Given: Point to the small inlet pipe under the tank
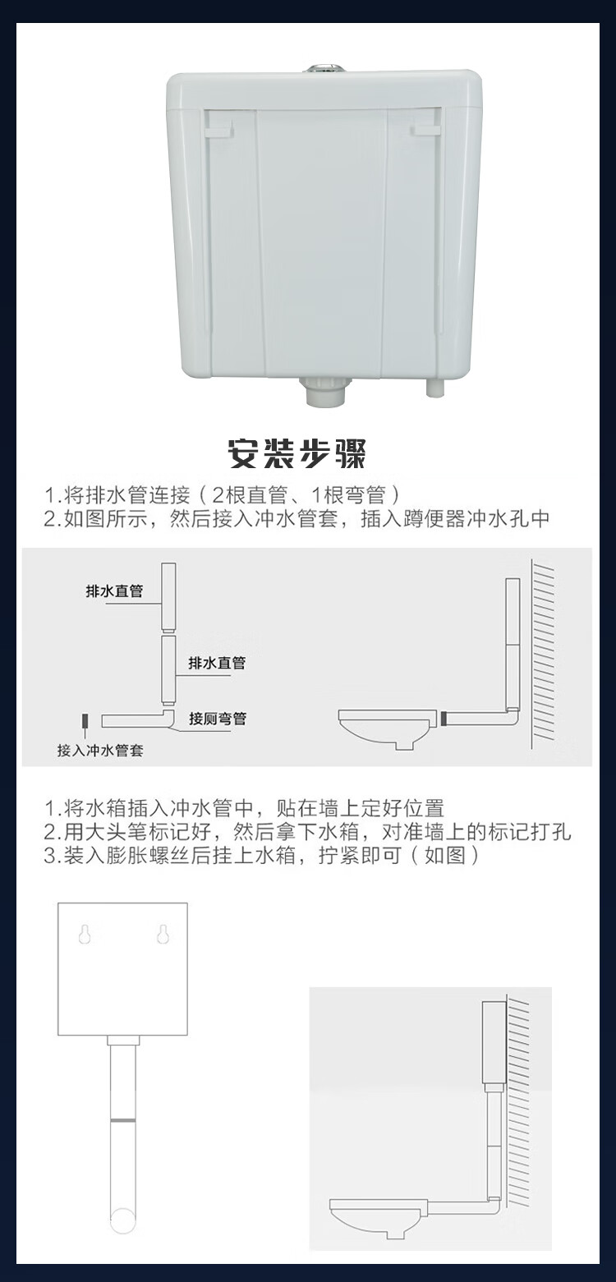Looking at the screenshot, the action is pyautogui.click(x=434, y=388).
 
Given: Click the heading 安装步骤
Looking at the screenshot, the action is pyautogui.click(x=297, y=454).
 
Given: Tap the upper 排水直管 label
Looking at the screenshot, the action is pyautogui.click(x=114, y=591).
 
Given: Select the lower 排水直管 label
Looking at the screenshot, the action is pyautogui.click(x=217, y=663).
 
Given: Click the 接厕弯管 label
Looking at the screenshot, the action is pyautogui.click(x=218, y=719).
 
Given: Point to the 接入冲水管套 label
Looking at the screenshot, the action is pyautogui.click(x=100, y=751).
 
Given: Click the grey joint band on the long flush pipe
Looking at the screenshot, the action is pyautogui.click(x=123, y=1119).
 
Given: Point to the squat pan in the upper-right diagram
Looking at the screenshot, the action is pyautogui.click(x=384, y=728).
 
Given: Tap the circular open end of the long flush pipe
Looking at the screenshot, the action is pyautogui.click(x=123, y=1220).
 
